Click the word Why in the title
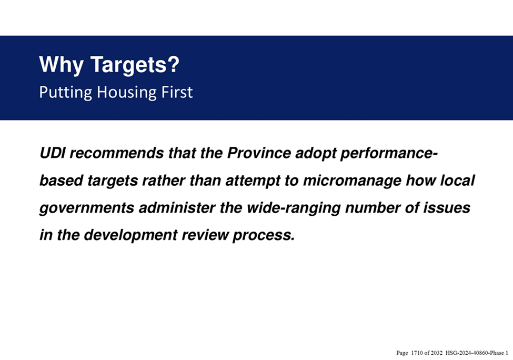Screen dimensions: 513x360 [x=61, y=65]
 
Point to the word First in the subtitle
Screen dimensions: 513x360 [x=177, y=92]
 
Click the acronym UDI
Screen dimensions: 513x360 [x=52, y=153]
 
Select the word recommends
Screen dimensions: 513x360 [x=117, y=153]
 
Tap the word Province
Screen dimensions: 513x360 [x=259, y=153]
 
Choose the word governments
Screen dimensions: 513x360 [x=87, y=208]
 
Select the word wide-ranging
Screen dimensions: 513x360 [x=294, y=208]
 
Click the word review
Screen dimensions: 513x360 [x=205, y=235]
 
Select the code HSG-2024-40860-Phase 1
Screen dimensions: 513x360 [x=477, y=353]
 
